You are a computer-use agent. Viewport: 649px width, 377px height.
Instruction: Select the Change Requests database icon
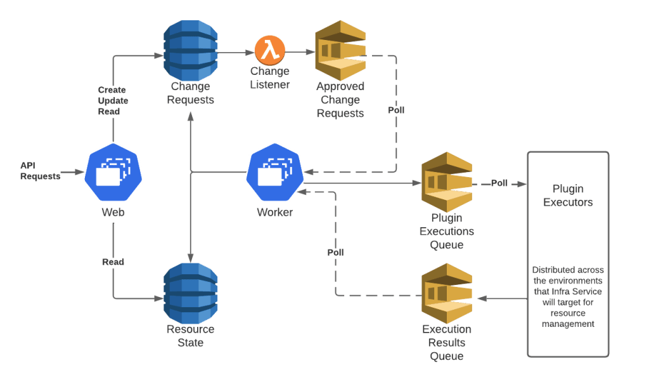tap(191, 50)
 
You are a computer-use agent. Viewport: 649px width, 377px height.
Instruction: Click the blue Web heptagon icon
tap(113, 173)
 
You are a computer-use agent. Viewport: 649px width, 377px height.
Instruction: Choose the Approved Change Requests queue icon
tap(341, 50)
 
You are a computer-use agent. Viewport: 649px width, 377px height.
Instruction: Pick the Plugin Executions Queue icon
tap(447, 183)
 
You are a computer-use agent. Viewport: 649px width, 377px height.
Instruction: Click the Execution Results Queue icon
tap(447, 293)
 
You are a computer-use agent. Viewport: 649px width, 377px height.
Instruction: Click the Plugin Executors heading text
tap(568, 195)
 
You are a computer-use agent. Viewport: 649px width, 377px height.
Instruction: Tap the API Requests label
tap(40, 171)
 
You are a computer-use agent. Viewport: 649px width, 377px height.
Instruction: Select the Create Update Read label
tap(112, 100)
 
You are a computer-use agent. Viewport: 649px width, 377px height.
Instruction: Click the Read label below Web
tap(113, 261)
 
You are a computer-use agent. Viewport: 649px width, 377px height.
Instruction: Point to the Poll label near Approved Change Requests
tap(396, 110)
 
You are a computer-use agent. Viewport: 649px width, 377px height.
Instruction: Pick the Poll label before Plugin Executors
tap(499, 183)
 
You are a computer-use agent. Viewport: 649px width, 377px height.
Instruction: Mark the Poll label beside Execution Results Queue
tap(335, 252)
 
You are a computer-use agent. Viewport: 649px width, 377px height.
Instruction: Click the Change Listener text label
tap(270, 77)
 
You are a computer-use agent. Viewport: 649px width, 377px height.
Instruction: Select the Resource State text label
tap(191, 336)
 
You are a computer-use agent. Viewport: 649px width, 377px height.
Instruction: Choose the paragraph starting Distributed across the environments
tap(568, 296)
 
